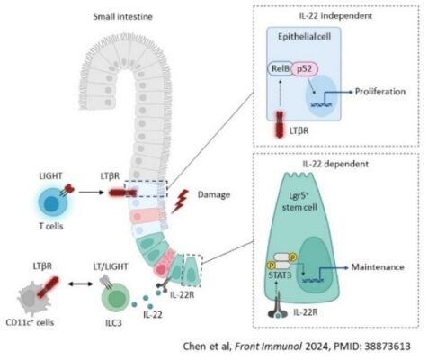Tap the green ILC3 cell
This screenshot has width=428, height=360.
(116, 299)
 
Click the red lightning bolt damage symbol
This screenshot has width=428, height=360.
(181, 202)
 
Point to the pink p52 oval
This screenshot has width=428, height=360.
(304, 68)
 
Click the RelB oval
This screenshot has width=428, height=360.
(280, 69)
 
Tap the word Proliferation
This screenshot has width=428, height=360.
(380, 92)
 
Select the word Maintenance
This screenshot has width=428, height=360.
(378, 266)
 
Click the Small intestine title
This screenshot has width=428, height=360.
(122, 16)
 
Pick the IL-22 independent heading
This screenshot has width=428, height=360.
(335, 15)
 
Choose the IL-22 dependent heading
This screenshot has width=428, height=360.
(335, 164)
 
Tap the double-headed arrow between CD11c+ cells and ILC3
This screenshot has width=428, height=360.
(81, 283)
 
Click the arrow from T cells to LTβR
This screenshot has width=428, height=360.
(91, 192)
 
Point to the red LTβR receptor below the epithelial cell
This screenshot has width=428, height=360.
(280, 124)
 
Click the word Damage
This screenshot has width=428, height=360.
(214, 194)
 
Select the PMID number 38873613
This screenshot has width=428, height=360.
(388, 346)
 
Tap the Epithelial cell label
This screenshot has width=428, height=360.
(304, 37)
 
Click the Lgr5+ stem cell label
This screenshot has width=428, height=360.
(299, 202)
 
